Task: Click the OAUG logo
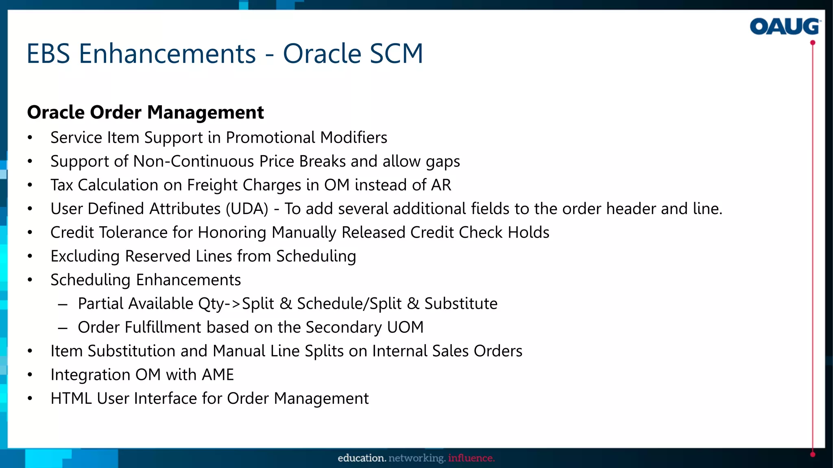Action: pyautogui.click(x=785, y=27)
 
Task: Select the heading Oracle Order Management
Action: pyautogui.click(x=145, y=113)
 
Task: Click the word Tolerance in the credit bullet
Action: pyautogui.click(x=133, y=232)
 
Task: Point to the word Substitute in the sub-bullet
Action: pyautogui.click(x=461, y=304)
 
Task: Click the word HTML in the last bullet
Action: pyautogui.click(x=71, y=399)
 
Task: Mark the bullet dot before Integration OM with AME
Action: pyautogui.click(x=30, y=375)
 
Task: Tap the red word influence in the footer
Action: pyautogui.click(x=471, y=458)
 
